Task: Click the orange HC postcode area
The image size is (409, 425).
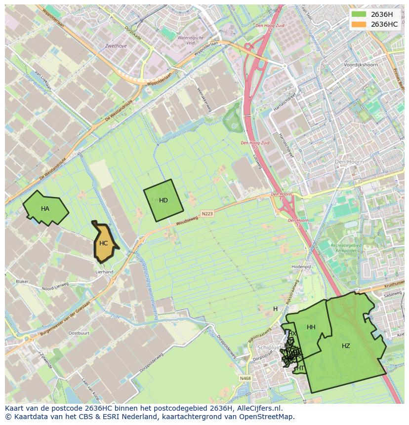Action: [x=103, y=243]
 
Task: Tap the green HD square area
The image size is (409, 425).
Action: [x=163, y=200]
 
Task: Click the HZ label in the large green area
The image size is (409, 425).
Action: [x=346, y=346]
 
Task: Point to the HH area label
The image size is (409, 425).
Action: [x=311, y=327]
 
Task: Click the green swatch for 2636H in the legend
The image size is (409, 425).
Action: [x=359, y=14]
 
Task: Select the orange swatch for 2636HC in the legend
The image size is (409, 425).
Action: [x=359, y=24]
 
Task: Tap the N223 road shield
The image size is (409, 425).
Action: [x=207, y=214]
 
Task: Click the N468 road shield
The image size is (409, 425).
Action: [x=245, y=379]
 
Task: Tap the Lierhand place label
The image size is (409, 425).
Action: [x=105, y=272]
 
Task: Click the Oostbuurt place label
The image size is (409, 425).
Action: [x=79, y=333]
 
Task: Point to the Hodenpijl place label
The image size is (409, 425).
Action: [x=301, y=266]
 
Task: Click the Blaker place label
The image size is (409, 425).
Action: [x=22, y=281]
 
